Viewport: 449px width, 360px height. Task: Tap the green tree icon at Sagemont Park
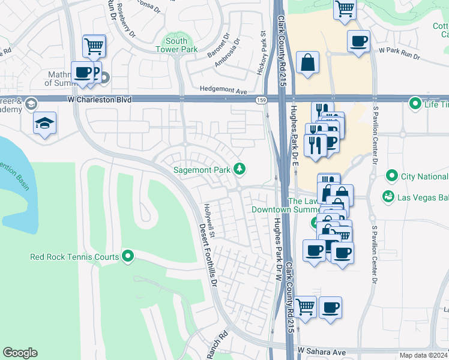click(240, 170)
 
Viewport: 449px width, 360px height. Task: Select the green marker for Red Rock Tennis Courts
click(128, 257)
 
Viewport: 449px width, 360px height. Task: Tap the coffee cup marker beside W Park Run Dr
click(358, 41)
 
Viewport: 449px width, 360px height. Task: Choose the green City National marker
click(392, 176)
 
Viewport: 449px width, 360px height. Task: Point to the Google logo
click(20, 353)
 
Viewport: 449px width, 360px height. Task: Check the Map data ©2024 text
click(423, 355)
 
